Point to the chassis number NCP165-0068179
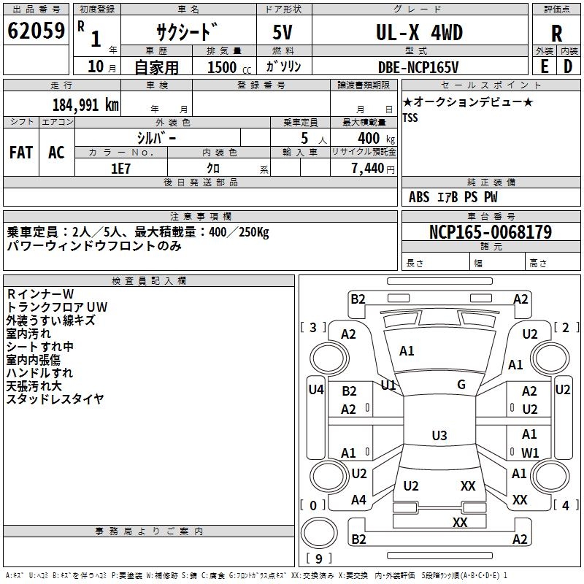point(491,232)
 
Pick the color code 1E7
point(120,167)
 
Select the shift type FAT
point(20,153)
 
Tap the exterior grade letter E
point(544,66)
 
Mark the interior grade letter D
point(568,66)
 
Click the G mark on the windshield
point(461,385)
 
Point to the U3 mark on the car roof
point(439,436)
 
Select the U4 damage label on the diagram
point(315,390)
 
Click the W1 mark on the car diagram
point(530,453)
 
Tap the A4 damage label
point(358,500)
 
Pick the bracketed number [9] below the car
point(318,558)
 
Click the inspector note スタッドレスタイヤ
point(55,399)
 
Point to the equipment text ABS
point(419,197)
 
